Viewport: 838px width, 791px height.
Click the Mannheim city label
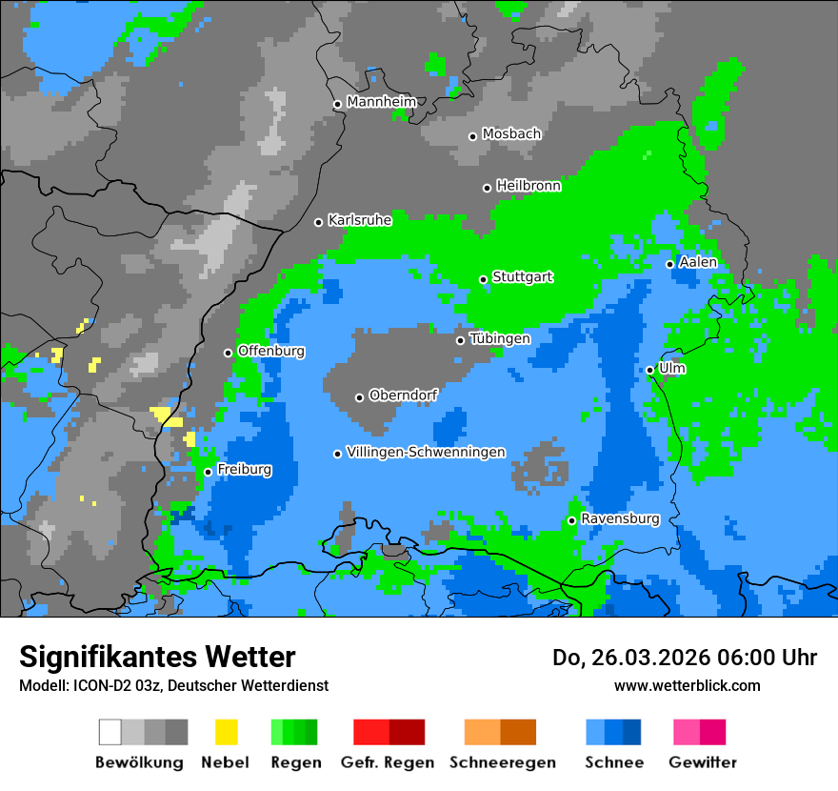[382, 102]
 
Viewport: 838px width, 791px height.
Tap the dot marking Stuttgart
[484, 279]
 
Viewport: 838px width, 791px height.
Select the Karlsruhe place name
[360, 220]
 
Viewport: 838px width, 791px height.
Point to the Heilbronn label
[529, 186]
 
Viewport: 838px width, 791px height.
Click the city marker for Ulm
[650, 370]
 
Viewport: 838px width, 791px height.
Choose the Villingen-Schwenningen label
[426, 452]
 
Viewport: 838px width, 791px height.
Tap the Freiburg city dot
[208, 472]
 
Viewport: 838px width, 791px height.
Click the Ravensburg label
[620, 518]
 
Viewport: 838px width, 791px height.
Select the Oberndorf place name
[403, 395]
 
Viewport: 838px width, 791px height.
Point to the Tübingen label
[500, 338]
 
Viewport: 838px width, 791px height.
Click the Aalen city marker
[669, 264]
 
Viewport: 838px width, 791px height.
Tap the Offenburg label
[271, 351]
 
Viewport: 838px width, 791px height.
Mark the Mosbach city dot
[472, 136]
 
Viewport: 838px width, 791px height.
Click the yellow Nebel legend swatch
[226, 732]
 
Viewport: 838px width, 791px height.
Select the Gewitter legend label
[702, 762]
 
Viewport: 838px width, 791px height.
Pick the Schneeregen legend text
[503, 762]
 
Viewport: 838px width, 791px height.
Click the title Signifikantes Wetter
[157, 657]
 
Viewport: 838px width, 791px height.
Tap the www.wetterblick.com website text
[687, 685]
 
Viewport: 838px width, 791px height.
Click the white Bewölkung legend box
[110, 732]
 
